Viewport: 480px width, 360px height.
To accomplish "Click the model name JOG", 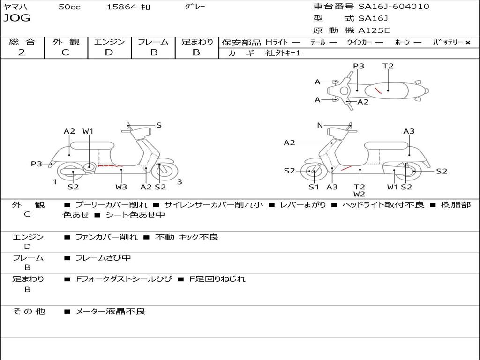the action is [17, 18].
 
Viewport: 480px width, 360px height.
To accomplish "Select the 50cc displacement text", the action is [69, 7].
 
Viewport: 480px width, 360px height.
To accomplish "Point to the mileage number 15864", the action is [121, 7].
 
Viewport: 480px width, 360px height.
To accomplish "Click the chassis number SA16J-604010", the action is [393, 7].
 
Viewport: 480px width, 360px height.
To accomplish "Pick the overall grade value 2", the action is [22, 52].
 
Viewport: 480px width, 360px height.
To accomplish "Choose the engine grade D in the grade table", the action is [109, 52].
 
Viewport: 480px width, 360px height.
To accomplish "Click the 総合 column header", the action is [22, 42].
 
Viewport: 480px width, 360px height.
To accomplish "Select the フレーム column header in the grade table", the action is [153, 42].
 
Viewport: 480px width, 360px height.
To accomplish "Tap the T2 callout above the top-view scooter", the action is [388, 66].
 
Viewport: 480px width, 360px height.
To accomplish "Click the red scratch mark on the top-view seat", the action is [378, 90].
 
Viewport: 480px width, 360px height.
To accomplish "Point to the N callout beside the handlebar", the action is [320, 125].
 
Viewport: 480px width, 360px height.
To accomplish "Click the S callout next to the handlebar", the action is [159, 125].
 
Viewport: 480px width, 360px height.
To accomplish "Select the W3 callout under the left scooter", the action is [121, 187].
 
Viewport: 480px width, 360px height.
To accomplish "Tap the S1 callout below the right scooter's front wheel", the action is [314, 187].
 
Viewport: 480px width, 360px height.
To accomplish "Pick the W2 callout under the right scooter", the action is [360, 194].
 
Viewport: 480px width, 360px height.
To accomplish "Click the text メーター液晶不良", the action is [111, 311].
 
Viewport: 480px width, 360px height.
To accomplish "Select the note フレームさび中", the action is [103, 258].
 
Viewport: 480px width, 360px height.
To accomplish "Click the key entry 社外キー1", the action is [283, 53].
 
